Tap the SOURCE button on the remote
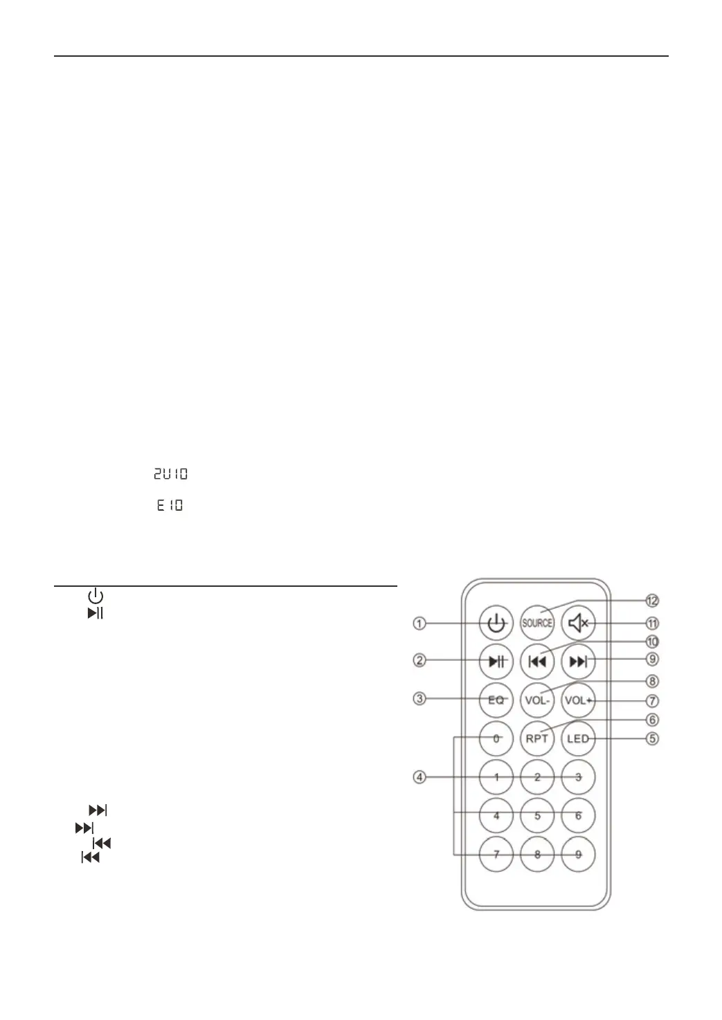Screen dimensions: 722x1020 pyautogui.click(x=537, y=623)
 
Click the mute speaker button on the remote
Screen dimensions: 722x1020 pyautogui.click(x=577, y=623)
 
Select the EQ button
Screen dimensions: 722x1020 pyautogui.click(x=496, y=700)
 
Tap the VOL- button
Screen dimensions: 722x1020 pyautogui.click(x=537, y=700)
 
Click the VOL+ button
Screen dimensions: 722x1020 pyautogui.click(x=578, y=700)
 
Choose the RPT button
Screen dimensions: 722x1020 pyautogui.click(x=537, y=738)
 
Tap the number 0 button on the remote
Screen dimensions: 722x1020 pyautogui.click(x=496, y=738)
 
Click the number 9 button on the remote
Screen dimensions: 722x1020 pyautogui.click(x=578, y=854)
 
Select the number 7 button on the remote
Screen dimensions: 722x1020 pyautogui.click(x=496, y=854)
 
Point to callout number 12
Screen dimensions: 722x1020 pyautogui.click(x=652, y=600)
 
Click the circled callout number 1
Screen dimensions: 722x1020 pyautogui.click(x=419, y=623)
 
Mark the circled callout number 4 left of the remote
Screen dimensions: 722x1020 pyautogui.click(x=419, y=777)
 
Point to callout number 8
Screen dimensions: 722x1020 pyautogui.click(x=652, y=681)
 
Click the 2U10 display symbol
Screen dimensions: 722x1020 pyautogui.click(x=170, y=474)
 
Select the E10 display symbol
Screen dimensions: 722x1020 pyautogui.click(x=170, y=505)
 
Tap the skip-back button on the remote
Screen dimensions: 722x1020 pyautogui.click(x=537, y=662)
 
